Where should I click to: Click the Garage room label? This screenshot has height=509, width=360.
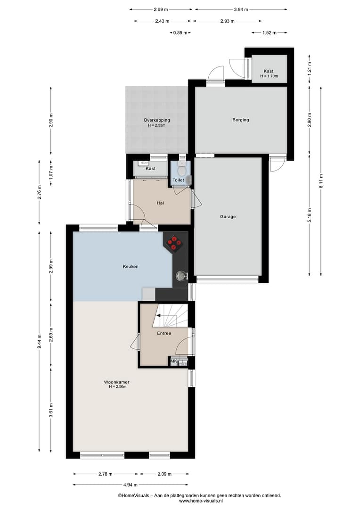click(x=228, y=216)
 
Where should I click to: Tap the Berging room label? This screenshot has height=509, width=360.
click(x=240, y=120)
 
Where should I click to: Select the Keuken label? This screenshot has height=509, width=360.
click(x=131, y=266)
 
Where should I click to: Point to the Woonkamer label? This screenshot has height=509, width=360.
click(x=116, y=382)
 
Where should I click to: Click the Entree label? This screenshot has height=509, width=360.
click(x=164, y=333)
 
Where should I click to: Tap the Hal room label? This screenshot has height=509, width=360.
click(x=160, y=203)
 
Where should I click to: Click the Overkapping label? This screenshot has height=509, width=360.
click(x=157, y=120)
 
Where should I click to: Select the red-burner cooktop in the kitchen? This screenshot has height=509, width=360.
click(x=174, y=243)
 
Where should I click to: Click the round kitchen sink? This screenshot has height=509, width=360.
click(x=180, y=276)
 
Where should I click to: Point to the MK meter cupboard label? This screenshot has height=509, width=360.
click(x=173, y=361)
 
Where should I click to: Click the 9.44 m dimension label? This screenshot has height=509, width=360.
click(x=39, y=342)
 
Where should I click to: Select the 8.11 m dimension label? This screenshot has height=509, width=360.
click(x=321, y=181)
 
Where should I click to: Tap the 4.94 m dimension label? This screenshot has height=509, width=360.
click(x=130, y=484)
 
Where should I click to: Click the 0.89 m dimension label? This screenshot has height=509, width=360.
click(x=180, y=33)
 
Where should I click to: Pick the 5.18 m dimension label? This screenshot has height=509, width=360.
click(x=310, y=215)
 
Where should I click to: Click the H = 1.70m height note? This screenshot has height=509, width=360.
click(x=269, y=76)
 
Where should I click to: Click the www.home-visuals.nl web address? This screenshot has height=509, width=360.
click(x=201, y=501)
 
